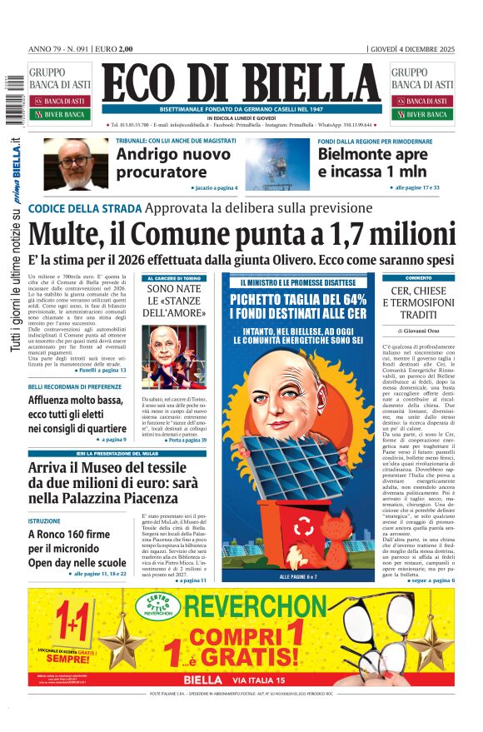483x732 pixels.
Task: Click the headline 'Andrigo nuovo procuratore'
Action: tap(173, 163)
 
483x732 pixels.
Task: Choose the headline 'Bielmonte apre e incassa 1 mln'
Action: tap(371, 163)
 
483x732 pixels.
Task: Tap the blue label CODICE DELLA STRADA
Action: tap(83, 208)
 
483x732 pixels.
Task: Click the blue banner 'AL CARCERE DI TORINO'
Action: tap(175, 278)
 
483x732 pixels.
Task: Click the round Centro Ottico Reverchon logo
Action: tap(158, 606)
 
